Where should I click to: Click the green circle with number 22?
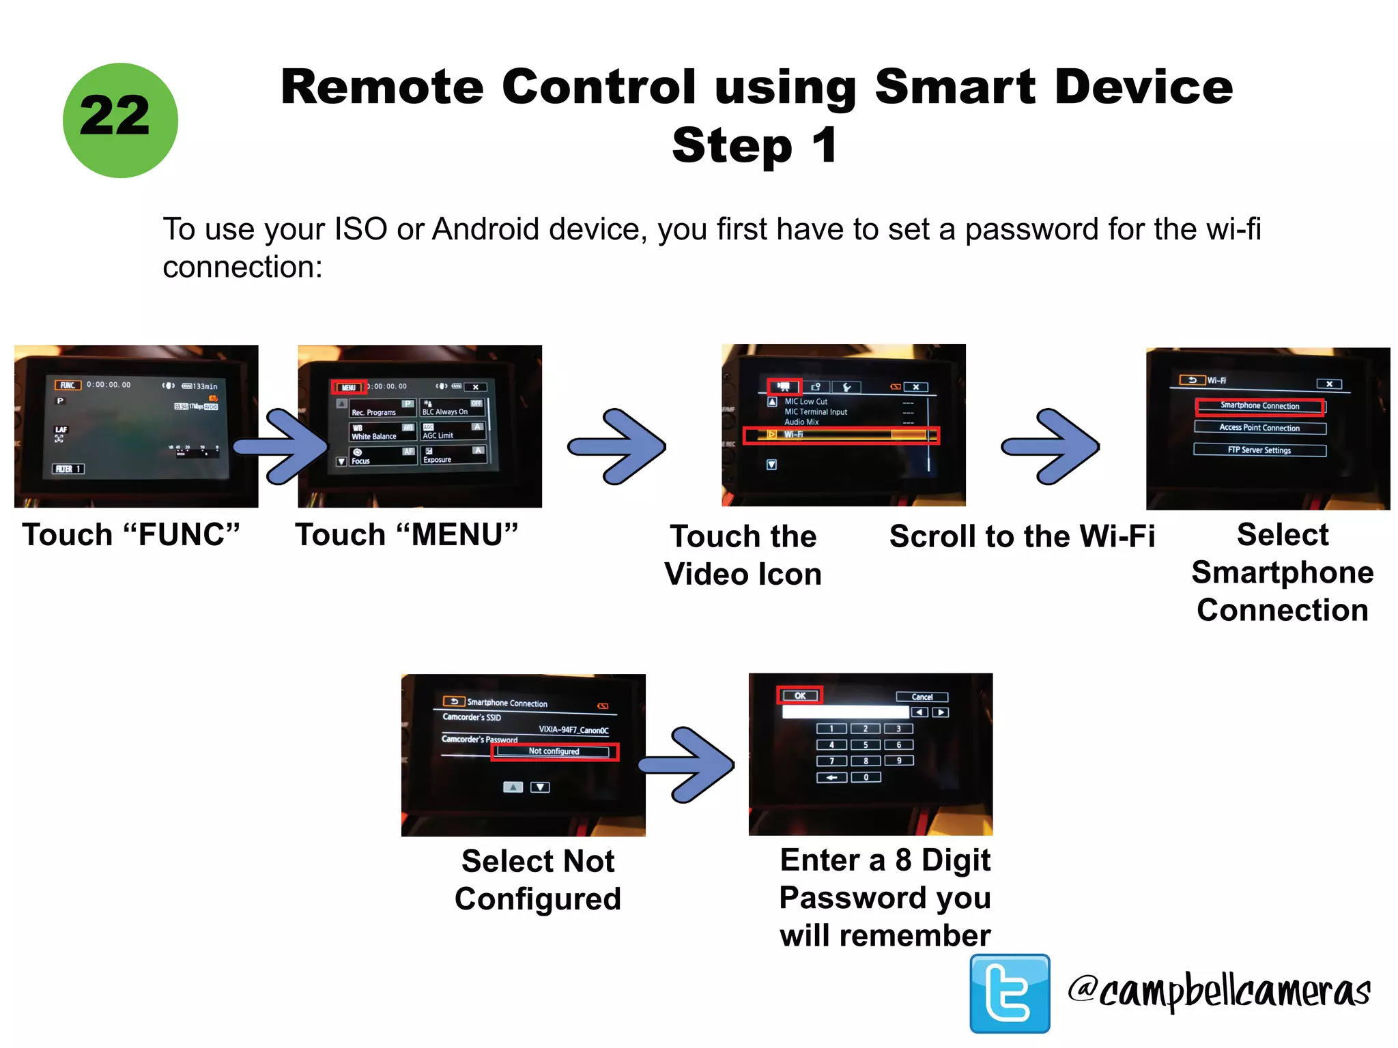click(120, 121)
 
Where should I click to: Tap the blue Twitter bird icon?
click(1010, 993)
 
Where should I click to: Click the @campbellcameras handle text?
click(1219, 991)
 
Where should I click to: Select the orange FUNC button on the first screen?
click(68, 385)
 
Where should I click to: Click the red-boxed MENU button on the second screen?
click(349, 387)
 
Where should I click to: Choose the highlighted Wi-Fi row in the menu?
click(841, 435)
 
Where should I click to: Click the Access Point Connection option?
click(1259, 428)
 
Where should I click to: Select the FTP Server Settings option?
click(1259, 450)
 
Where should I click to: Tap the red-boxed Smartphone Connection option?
click(1259, 406)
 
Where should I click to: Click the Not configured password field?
click(554, 751)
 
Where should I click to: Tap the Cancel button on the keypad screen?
click(922, 697)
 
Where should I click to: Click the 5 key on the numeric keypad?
click(866, 745)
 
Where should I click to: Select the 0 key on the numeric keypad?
click(866, 777)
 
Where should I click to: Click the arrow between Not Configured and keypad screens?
click(689, 764)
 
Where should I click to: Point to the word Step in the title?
click(732, 146)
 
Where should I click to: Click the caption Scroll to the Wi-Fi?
click(1021, 536)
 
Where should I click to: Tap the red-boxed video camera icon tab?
click(784, 386)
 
